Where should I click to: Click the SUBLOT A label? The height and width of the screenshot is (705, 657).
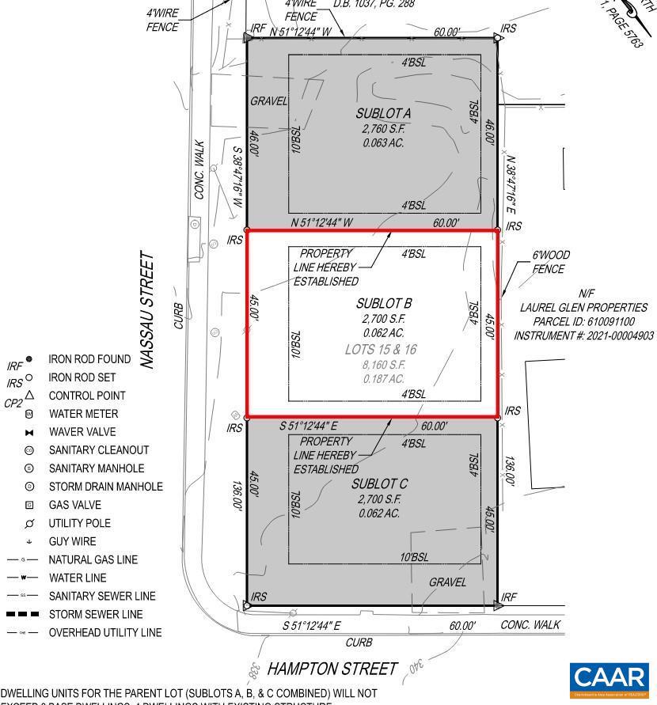383,114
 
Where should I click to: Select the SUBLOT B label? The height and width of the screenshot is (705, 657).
383,304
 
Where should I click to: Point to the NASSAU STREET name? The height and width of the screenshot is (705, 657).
146,310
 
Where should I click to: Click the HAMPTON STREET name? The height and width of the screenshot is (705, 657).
332,669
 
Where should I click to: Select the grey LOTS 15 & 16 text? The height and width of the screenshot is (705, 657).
381,349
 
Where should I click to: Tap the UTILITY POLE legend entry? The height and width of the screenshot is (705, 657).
79,523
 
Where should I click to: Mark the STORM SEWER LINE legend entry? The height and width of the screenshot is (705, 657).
95,614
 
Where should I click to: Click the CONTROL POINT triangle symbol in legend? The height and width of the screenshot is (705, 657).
29,395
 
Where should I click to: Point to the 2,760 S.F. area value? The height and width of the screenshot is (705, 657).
383,129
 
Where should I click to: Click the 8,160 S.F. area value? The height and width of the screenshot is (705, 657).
383,364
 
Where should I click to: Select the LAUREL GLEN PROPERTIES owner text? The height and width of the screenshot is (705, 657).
584,308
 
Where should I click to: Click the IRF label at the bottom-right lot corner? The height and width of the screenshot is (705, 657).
509,598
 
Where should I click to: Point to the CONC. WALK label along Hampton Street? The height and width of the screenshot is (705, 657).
530,625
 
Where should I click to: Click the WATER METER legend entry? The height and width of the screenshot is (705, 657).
83,414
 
